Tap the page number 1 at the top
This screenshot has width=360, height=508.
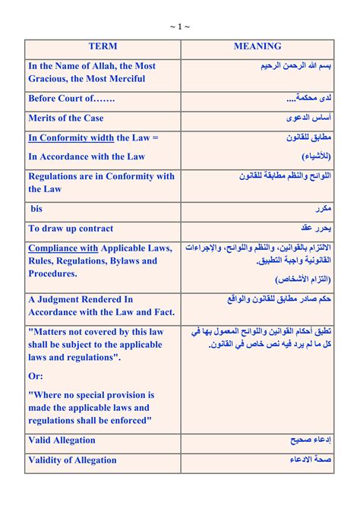[x=180, y=27]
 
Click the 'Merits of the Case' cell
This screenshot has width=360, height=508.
[x=66, y=118]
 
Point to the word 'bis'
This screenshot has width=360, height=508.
[x=37, y=209]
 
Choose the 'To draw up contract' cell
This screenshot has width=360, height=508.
[x=71, y=229]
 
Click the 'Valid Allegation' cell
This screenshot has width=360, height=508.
[x=62, y=440]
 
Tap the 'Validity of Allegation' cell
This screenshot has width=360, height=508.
[x=73, y=460]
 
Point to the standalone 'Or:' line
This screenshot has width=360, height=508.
[x=36, y=376]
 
